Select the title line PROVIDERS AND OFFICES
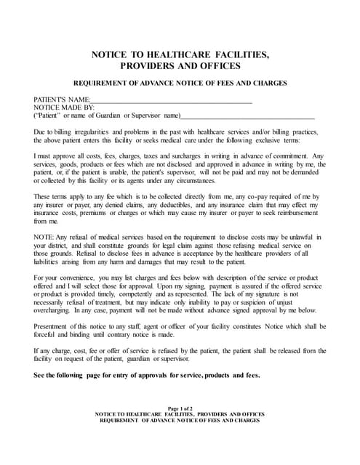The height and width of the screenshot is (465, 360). (180, 66)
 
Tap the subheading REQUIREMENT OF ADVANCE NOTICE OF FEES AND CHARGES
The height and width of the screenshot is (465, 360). (180, 84)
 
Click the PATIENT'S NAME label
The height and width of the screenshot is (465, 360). (62, 99)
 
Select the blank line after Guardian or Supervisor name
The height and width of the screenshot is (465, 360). (247, 116)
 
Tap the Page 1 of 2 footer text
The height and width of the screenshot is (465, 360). (180, 408)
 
